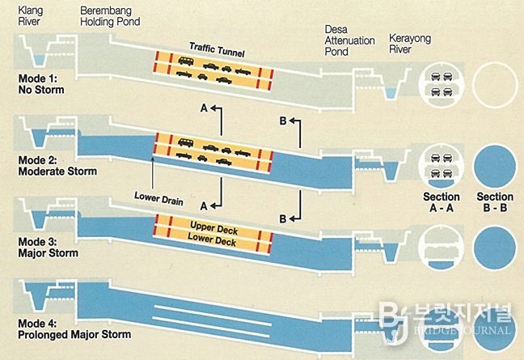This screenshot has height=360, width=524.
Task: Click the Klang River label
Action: pos(31,16)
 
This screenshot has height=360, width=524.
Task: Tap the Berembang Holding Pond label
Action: pos(110,16)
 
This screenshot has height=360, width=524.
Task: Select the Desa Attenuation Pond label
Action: pos(349,40)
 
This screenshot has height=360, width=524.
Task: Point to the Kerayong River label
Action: pos(410,44)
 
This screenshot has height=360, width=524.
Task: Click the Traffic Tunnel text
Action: pos(217,49)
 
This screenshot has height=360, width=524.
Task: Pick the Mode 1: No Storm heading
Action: pos(41,84)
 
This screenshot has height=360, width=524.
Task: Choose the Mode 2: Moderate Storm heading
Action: pos(57,166)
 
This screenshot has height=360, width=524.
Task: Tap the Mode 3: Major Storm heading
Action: pos(49,248)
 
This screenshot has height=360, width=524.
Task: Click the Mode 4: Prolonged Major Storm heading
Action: pos(74,329)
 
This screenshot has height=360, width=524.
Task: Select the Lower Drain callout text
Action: pos(158,198)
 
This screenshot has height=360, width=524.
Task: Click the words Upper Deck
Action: pos(213,228)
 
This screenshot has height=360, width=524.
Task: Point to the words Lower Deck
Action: pos(212,239)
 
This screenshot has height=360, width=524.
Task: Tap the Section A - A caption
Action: pos(442,202)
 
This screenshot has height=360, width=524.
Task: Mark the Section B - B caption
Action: pos(495,202)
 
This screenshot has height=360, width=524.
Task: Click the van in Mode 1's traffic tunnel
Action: pos(185,61)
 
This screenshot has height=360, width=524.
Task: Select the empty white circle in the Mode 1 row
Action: pos(495,85)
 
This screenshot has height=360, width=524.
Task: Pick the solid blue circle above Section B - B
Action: pos(495,167)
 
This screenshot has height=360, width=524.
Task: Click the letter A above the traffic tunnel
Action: pos(204,108)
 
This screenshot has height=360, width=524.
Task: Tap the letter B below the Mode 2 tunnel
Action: pos(283,219)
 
